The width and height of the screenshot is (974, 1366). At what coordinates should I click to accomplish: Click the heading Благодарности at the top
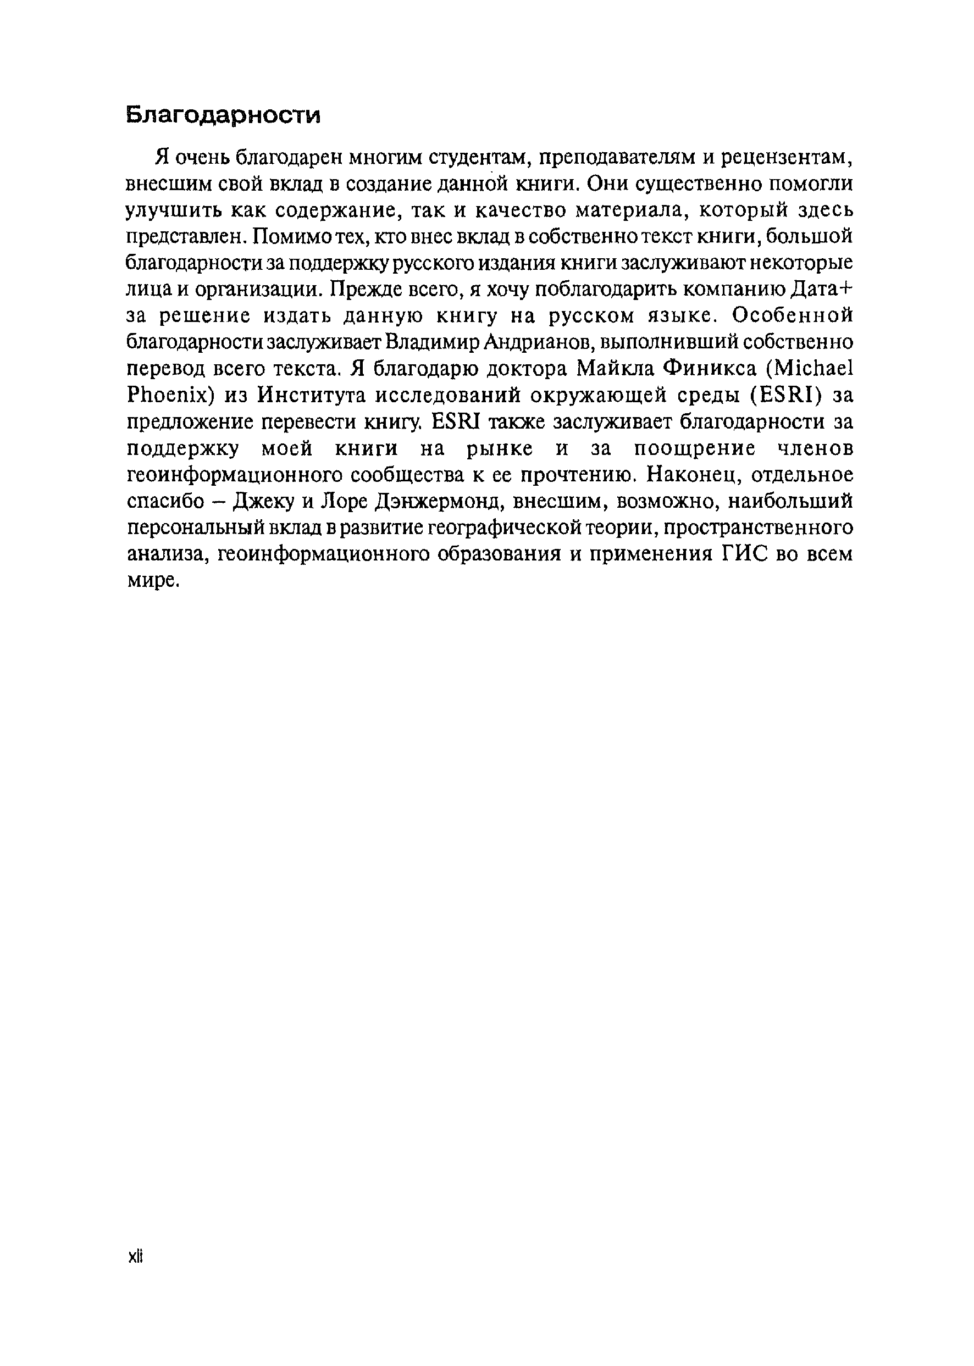click(223, 115)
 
